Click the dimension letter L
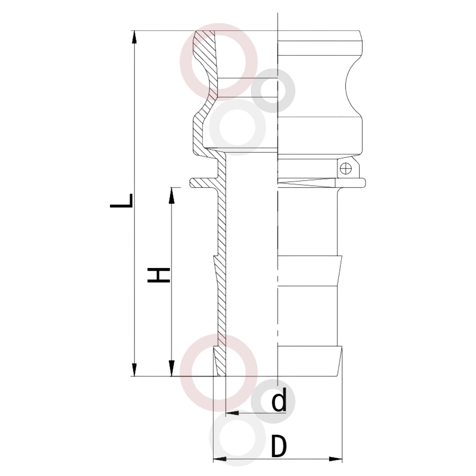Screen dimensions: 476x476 [x=121, y=201]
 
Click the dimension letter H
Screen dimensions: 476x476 [x=159, y=275]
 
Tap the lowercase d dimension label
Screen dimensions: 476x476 [x=279, y=401]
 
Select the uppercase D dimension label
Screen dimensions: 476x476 [x=279, y=446]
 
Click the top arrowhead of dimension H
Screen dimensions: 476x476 [x=172, y=194]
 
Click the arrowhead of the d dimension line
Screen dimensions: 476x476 [x=233, y=413]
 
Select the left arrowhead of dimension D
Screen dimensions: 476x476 [x=220, y=459]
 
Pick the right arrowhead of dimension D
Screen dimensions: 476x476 [x=335, y=459]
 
